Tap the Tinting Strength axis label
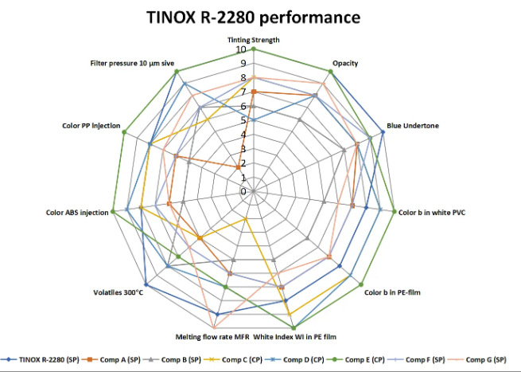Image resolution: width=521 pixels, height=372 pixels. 253,39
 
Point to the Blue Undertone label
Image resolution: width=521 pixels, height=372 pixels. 412,125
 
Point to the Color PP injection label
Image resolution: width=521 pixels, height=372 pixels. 91,125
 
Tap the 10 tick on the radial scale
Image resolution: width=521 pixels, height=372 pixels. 241,49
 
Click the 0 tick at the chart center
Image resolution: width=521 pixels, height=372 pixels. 244,192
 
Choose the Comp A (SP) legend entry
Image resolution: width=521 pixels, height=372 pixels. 122,360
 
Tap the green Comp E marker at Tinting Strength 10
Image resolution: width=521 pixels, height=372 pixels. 253,49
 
